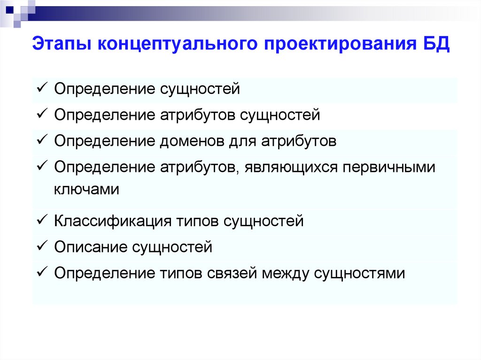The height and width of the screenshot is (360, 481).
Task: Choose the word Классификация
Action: point(112,221)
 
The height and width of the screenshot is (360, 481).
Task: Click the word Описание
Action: point(89,247)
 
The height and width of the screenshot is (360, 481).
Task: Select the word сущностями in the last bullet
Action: point(359,273)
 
